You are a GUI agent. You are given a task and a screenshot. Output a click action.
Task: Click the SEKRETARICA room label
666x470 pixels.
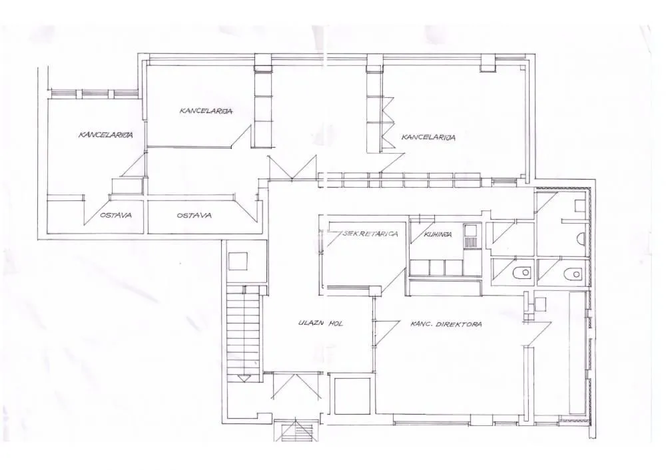coord(371,234)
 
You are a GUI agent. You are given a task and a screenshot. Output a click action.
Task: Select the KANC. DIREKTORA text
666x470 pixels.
coord(446,324)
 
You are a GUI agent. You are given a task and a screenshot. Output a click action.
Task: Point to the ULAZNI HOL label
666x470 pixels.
coord(324,324)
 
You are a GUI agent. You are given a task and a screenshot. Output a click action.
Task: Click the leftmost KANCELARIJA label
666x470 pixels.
coord(106,134)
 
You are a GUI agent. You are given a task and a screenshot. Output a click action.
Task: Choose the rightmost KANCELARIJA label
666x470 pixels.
coord(428,137)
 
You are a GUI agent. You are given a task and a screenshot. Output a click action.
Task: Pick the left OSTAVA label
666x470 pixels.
coord(115,215)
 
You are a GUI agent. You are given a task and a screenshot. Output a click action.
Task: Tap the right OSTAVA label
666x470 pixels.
coord(194,215)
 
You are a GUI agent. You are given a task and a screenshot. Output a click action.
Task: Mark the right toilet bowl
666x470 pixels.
coord(572,273)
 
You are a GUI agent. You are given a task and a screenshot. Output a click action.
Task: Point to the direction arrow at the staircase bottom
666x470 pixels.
coord(244,378)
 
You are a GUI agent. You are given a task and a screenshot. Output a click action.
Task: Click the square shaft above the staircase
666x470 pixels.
coord(238,260)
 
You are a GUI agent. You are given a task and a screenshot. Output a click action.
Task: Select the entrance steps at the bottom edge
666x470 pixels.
coord(297,431)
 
